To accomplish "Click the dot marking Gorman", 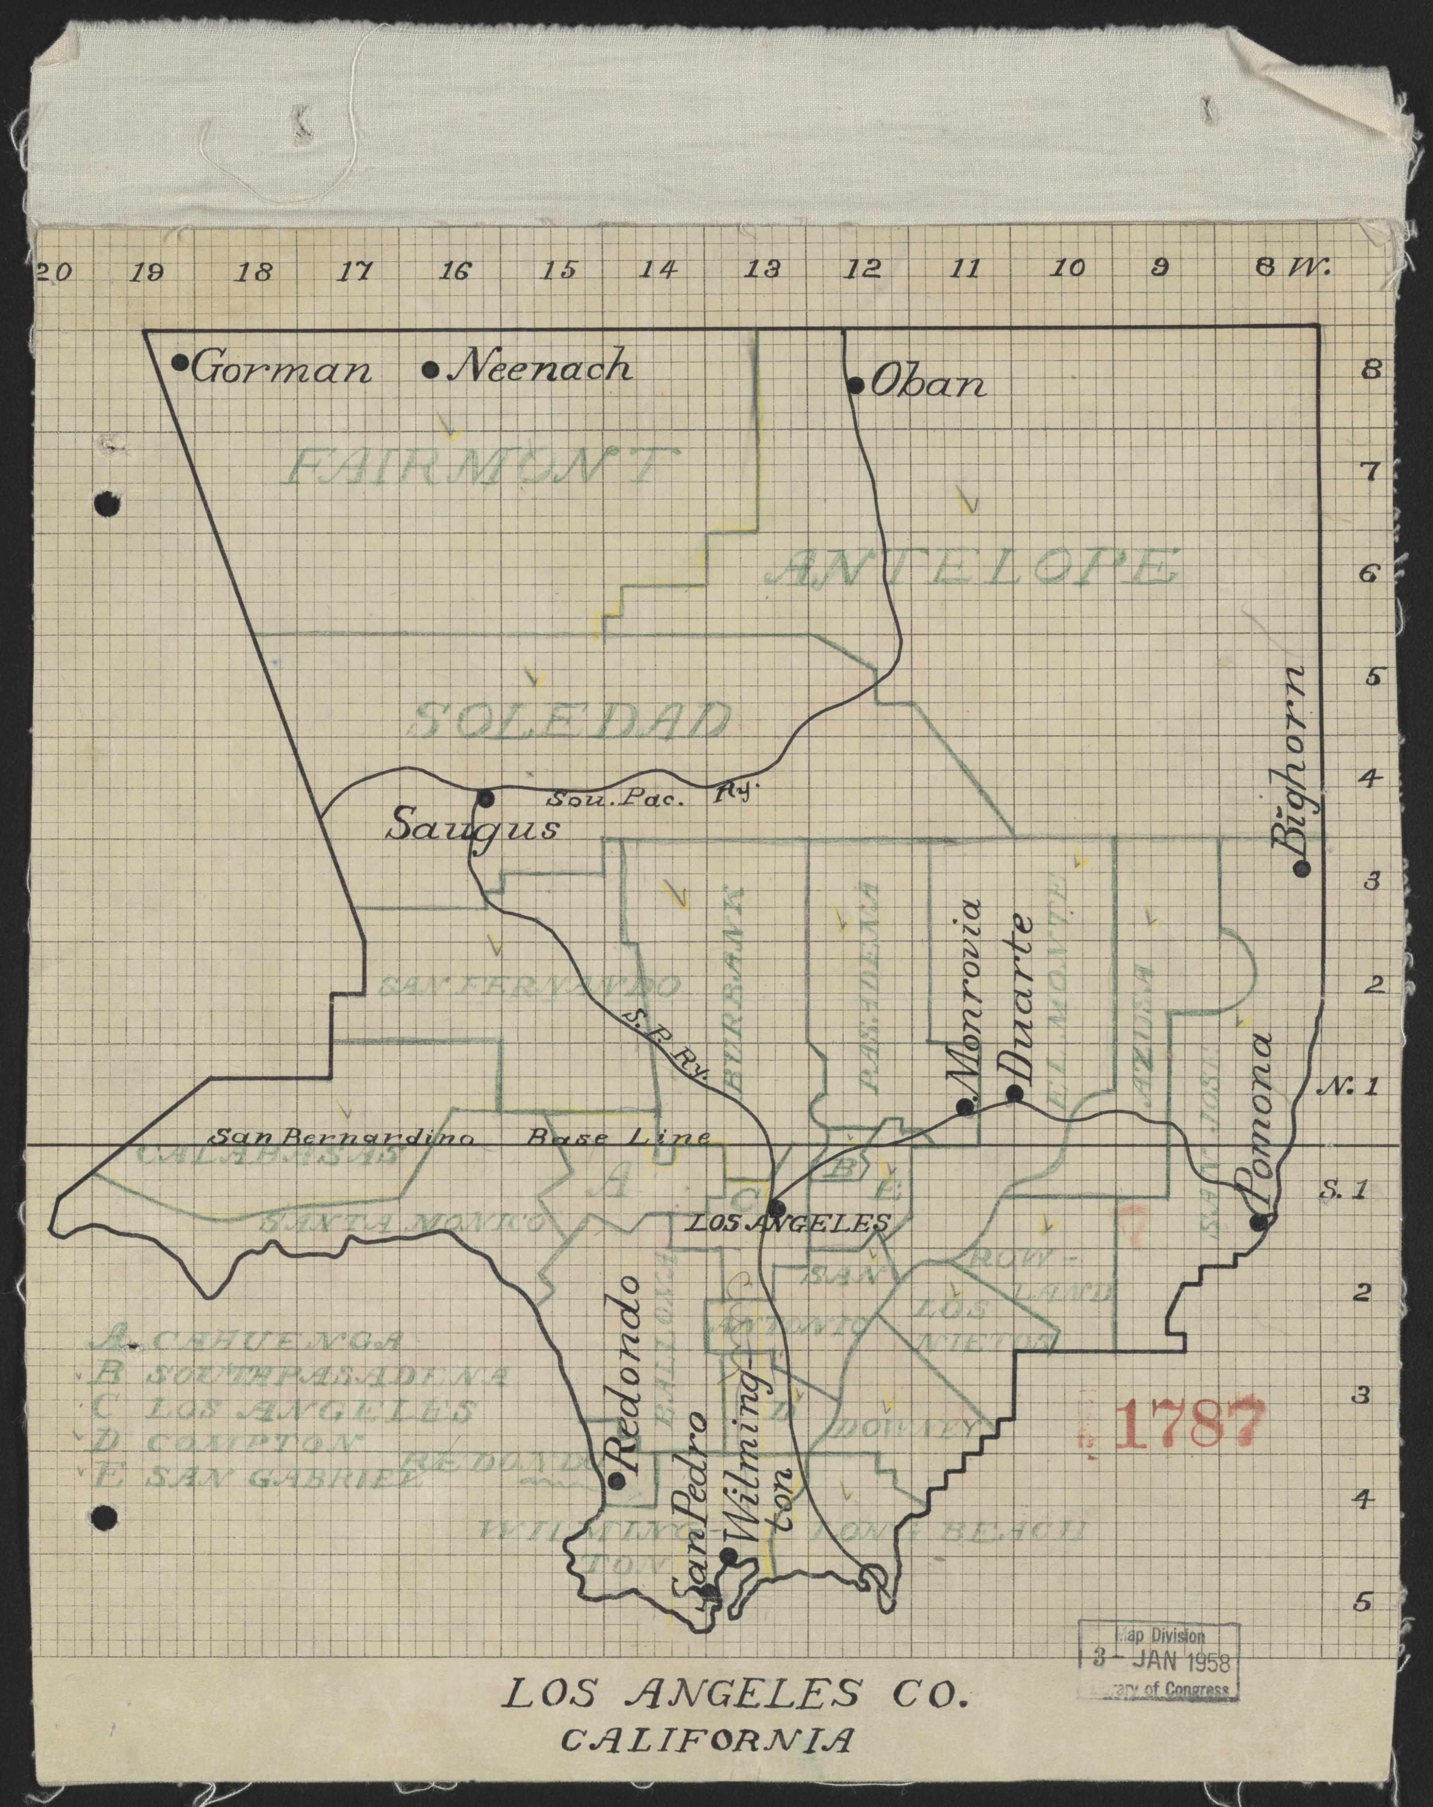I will pos(179,362).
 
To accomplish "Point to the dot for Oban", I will pos(855,386).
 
